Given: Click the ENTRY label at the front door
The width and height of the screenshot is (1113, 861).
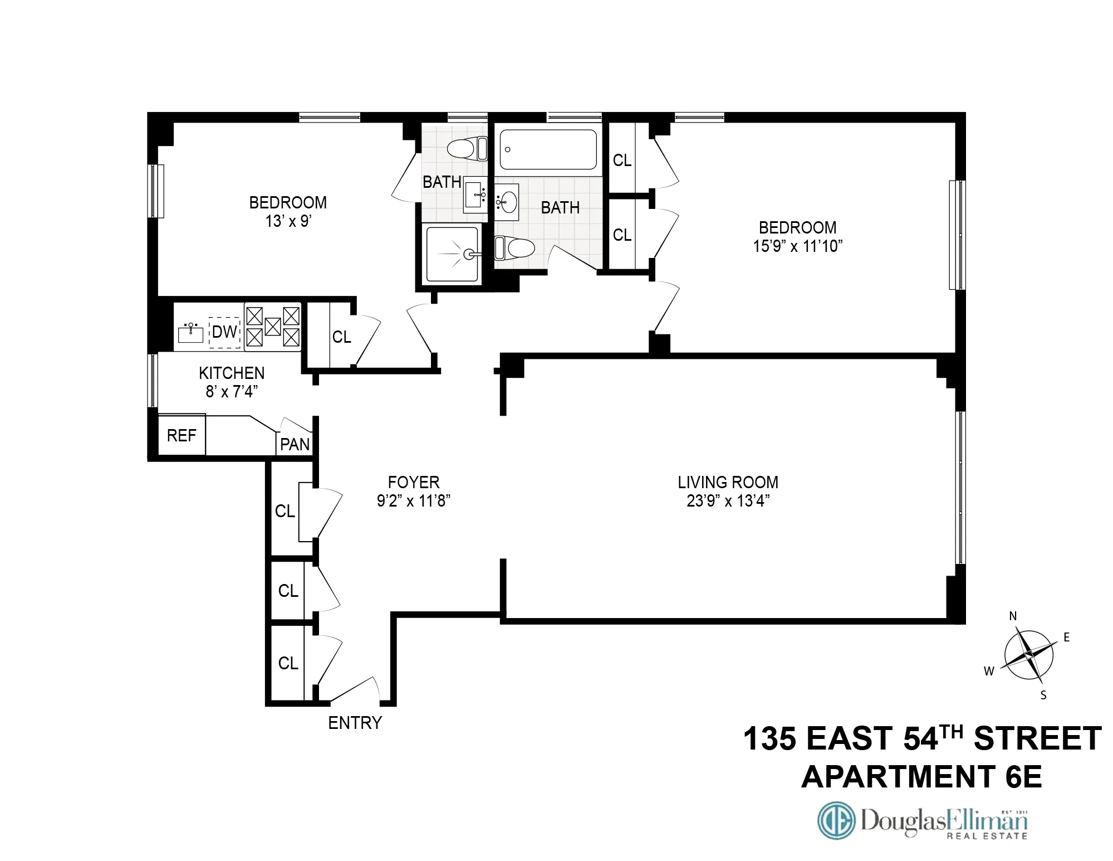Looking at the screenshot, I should point(355,723).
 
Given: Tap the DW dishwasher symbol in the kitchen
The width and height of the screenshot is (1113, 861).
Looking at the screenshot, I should point(225,332).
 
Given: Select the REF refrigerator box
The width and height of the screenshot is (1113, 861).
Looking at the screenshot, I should point(182,435).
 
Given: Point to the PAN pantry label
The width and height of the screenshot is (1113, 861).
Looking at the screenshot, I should point(295,444).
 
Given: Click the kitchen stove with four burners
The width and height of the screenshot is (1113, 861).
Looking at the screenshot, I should point(273,327).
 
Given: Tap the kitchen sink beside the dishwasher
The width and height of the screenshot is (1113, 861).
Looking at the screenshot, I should point(191,333).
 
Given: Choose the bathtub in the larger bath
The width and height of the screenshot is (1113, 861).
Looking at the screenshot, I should point(548,149).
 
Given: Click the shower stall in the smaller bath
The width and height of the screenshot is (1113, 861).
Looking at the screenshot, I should point(453,254).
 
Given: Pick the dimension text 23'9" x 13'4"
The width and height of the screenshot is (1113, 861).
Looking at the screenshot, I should point(728,501).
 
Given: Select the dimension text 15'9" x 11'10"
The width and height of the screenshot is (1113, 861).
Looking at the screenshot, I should point(797,246).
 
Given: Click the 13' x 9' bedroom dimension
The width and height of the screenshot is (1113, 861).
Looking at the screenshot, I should point(288,221).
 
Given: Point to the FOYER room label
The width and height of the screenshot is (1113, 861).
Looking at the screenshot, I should point(414,482).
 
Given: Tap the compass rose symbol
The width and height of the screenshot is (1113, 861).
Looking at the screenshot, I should point(1029,655).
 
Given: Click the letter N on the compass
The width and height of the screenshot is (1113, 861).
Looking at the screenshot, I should point(1013,616).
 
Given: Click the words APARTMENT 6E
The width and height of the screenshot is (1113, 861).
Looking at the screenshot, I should point(921,776).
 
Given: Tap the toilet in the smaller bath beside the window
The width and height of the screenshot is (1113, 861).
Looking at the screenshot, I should point(467,149).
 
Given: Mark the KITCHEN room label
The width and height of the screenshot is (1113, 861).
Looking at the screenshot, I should point(232,373).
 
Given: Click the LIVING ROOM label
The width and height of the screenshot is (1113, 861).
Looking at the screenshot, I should point(728,482).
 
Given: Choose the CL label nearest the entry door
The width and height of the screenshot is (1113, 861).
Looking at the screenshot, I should point(288,663).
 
